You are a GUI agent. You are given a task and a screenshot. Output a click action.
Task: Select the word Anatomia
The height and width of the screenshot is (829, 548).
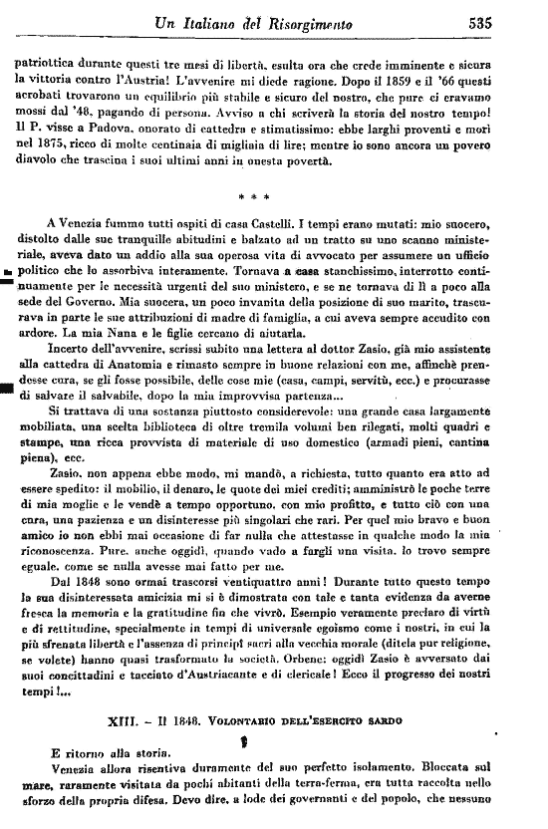point(158,390)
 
